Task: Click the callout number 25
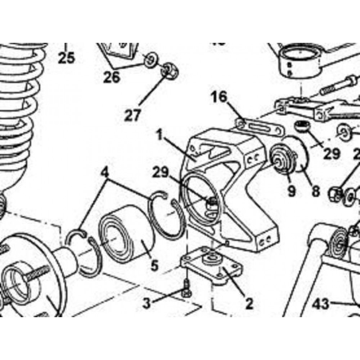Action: (x=66, y=58)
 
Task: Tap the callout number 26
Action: (x=111, y=77)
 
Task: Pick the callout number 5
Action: (x=154, y=266)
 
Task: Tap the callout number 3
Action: (x=146, y=303)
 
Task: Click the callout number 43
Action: (x=320, y=304)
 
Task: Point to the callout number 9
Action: (x=291, y=191)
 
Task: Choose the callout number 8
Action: (x=316, y=191)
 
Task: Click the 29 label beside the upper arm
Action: (x=331, y=154)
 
